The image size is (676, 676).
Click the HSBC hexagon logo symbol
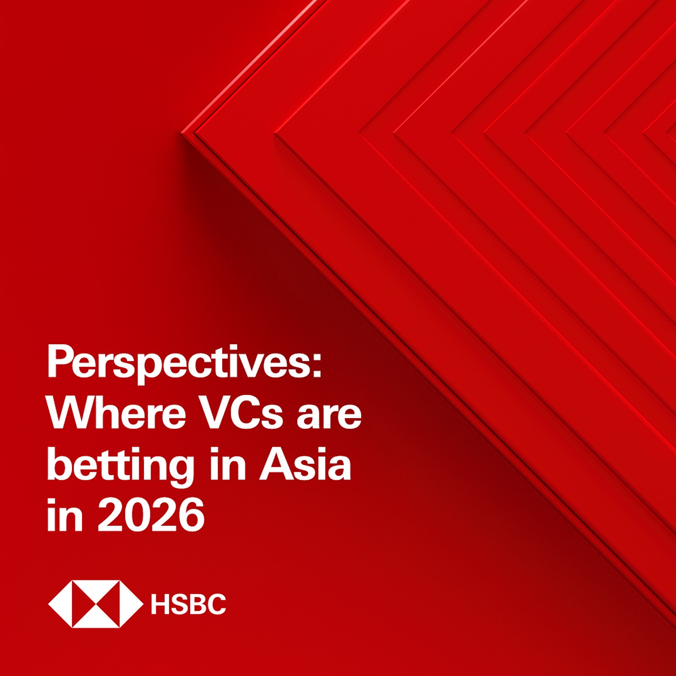coord(96,604)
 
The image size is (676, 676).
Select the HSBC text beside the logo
coord(188,604)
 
